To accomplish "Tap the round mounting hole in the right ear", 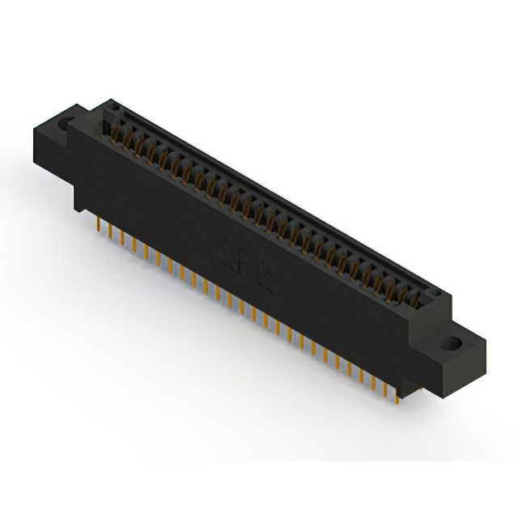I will (x=455, y=345).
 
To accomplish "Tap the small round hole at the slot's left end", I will (x=114, y=108).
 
